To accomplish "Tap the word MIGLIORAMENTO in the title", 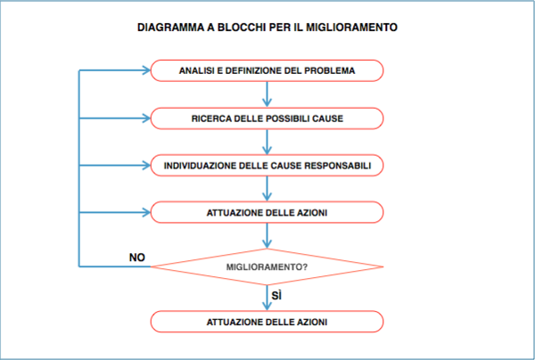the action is (x=351, y=28).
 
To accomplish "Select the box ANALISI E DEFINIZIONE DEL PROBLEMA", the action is (x=267, y=70).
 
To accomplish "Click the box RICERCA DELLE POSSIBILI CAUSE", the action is (x=267, y=119).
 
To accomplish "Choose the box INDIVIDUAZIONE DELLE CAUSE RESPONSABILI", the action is (x=267, y=166).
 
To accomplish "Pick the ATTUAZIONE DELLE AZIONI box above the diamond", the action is (x=267, y=212).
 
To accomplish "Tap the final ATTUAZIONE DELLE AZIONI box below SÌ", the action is (x=267, y=322).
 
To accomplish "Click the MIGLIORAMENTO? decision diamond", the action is (x=267, y=267).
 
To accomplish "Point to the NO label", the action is (x=137, y=258).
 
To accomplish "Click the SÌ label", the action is (x=276, y=296).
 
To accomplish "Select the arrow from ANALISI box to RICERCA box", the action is (x=267, y=94).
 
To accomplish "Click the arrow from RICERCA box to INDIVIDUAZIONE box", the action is (x=267, y=142).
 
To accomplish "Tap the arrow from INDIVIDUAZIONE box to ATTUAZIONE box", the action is (x=267, y=189).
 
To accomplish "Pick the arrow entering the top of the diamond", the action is (x=267, y=236).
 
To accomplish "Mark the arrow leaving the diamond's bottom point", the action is (x=267, y=298).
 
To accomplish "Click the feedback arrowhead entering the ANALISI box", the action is (x=146, y=70).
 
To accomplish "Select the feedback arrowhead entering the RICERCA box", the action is (x=146, y=119).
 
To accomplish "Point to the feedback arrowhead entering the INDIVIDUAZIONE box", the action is (x=146, y=166).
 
